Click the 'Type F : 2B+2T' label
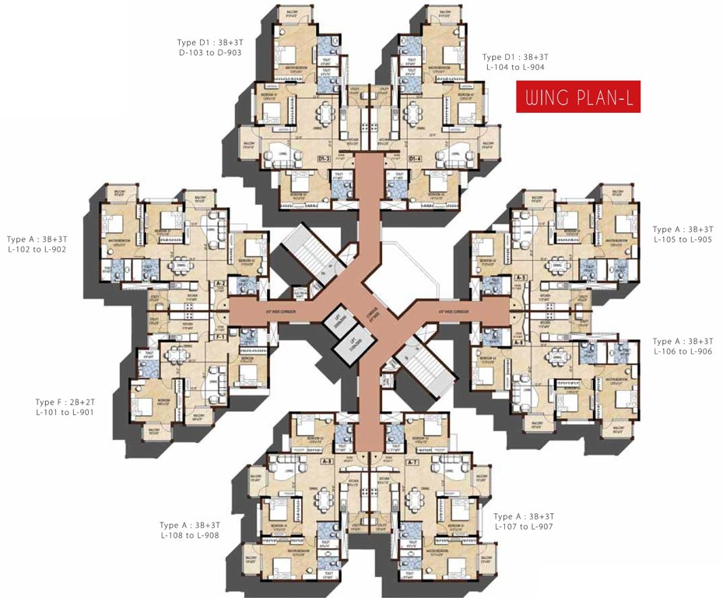coord(65,402)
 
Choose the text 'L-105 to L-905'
coord(683,240)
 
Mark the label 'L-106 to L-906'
coord(683,352)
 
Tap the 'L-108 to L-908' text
coord(189,535)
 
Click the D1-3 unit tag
coord(325,159)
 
